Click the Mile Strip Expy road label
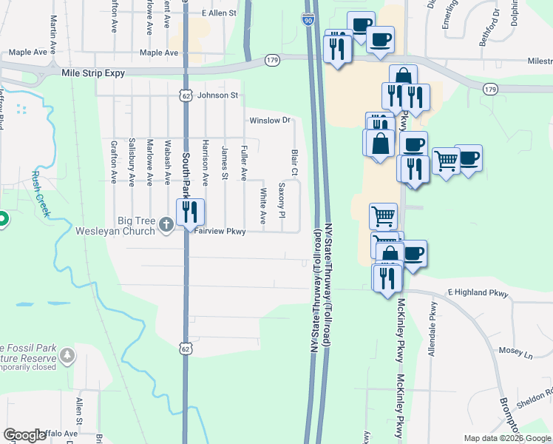(94, 73)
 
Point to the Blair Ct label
(294, 162)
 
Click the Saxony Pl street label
(282, 200)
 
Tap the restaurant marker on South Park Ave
(189, 212)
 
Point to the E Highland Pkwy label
(478, 294)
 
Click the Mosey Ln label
(518, 354)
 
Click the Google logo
(24, 435)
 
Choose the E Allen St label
(218, 13)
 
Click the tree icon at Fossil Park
(68, 356)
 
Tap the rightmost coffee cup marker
(468, 158)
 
